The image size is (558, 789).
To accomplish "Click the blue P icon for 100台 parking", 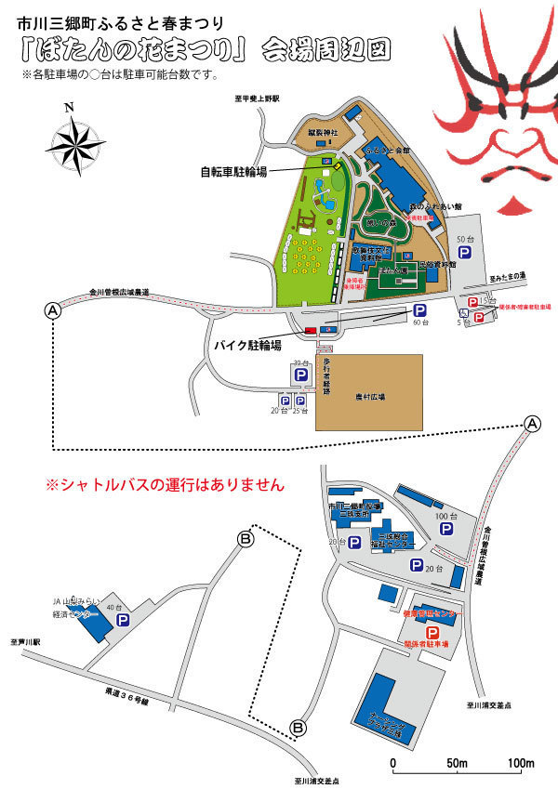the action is click(445, 528).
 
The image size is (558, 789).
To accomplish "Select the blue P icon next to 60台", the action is click(419, 311).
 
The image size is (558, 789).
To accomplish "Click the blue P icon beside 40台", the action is click(121, 619).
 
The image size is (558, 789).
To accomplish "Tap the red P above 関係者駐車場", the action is click(406, 632).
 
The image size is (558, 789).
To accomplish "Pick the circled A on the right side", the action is click(532, 424).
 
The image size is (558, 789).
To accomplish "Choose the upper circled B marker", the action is click(246, 537).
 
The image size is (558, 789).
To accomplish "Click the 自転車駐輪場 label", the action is click(234, 172).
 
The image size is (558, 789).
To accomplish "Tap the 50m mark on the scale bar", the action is click(456, 765).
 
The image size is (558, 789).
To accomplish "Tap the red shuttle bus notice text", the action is click(165, 484).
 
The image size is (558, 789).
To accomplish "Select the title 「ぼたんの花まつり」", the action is click(134, 47).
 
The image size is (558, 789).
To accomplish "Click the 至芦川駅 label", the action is click(21, 642).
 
